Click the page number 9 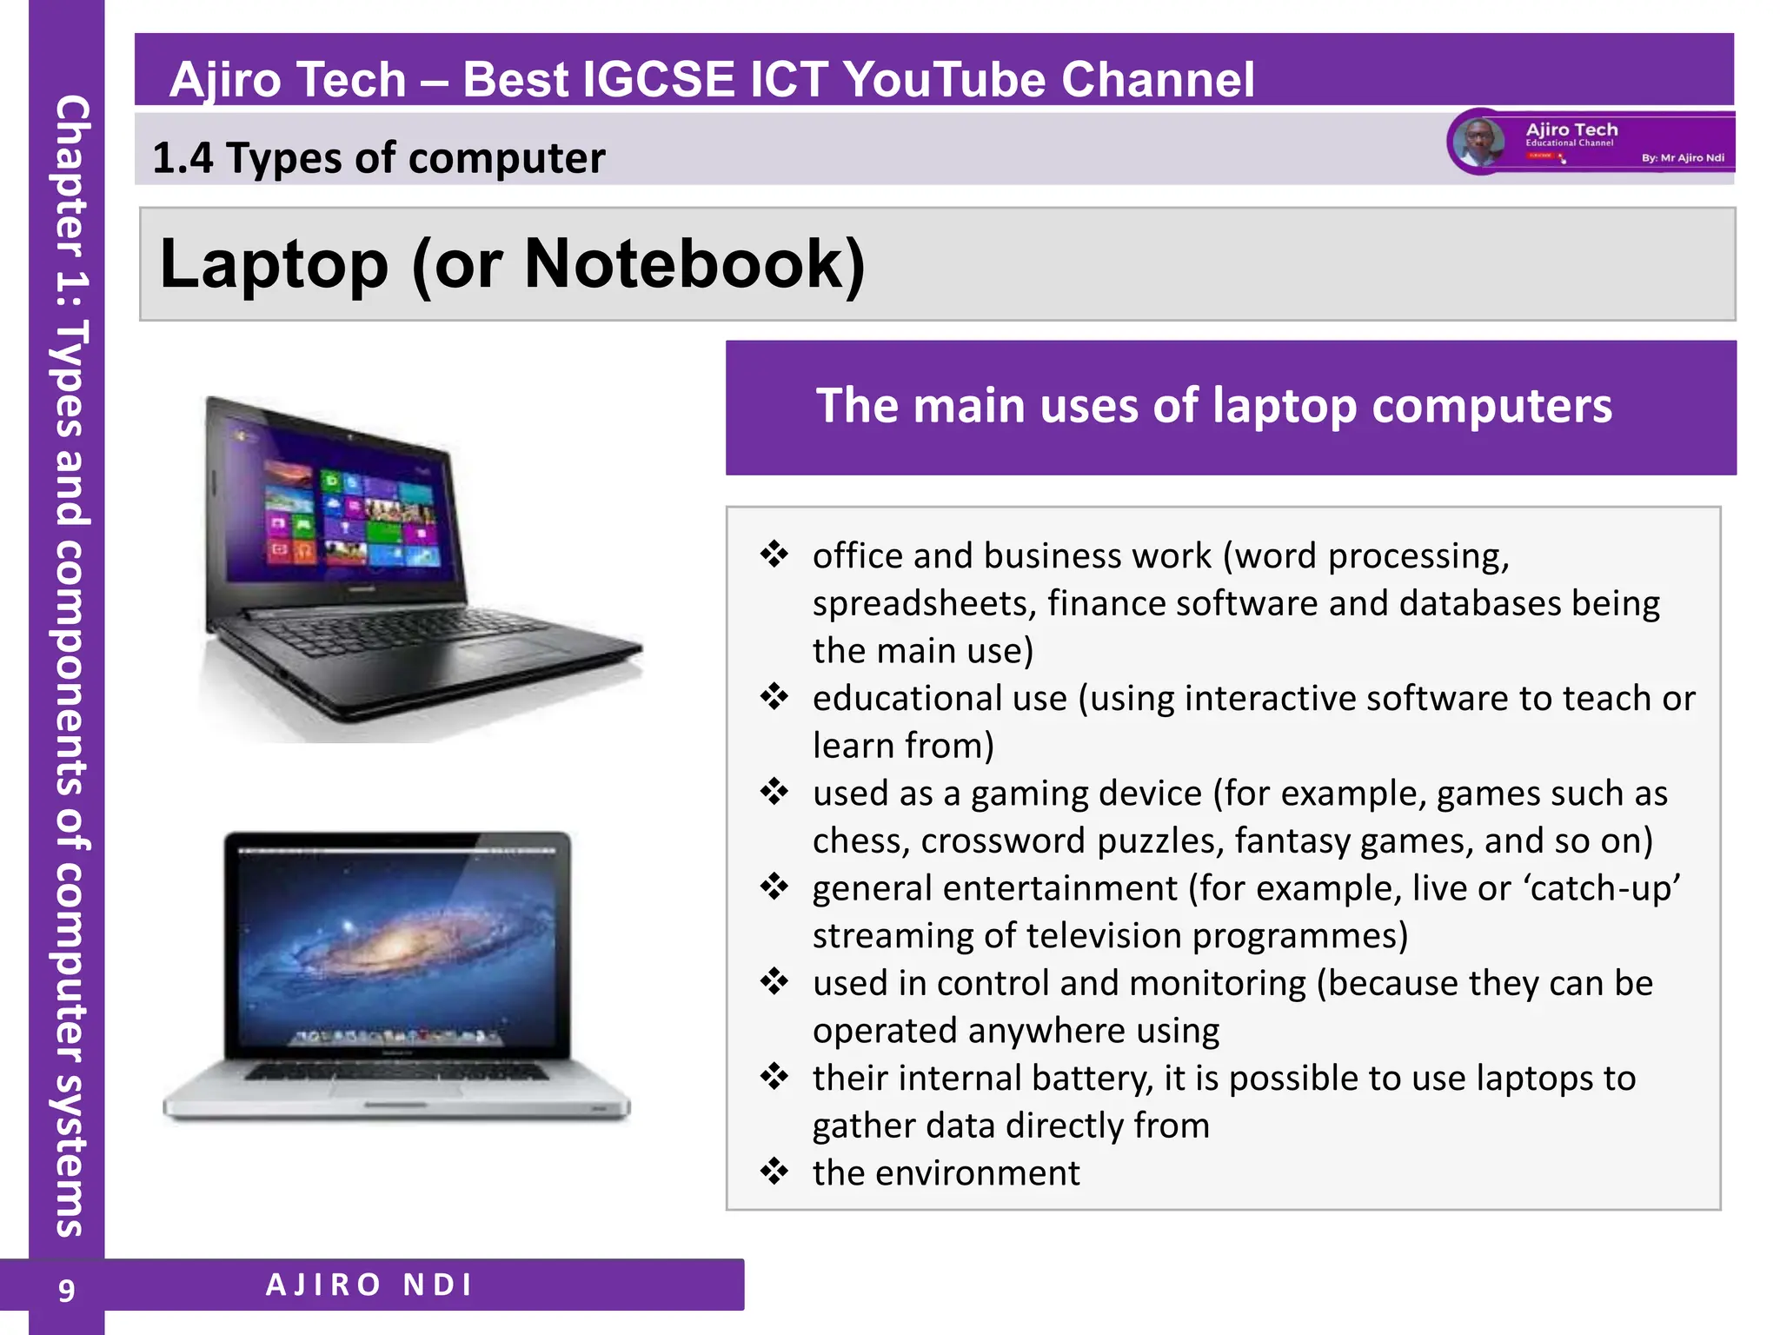pyautogui.click(x=66, y=1290)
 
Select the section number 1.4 pyautogui.click(x=182, y=158)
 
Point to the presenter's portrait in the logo pyautogui.click(x=1478, y=141)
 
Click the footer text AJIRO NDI pyautogui.click(x=369, y=1285)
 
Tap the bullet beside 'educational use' pyautogui.click(x=774, y=696)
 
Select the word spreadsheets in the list pyautogui.click(x=924, y=603)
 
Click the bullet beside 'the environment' pyautogui.click(x=774, y=1171)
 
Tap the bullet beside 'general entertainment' pyautogui.click(x=774, y=887)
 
